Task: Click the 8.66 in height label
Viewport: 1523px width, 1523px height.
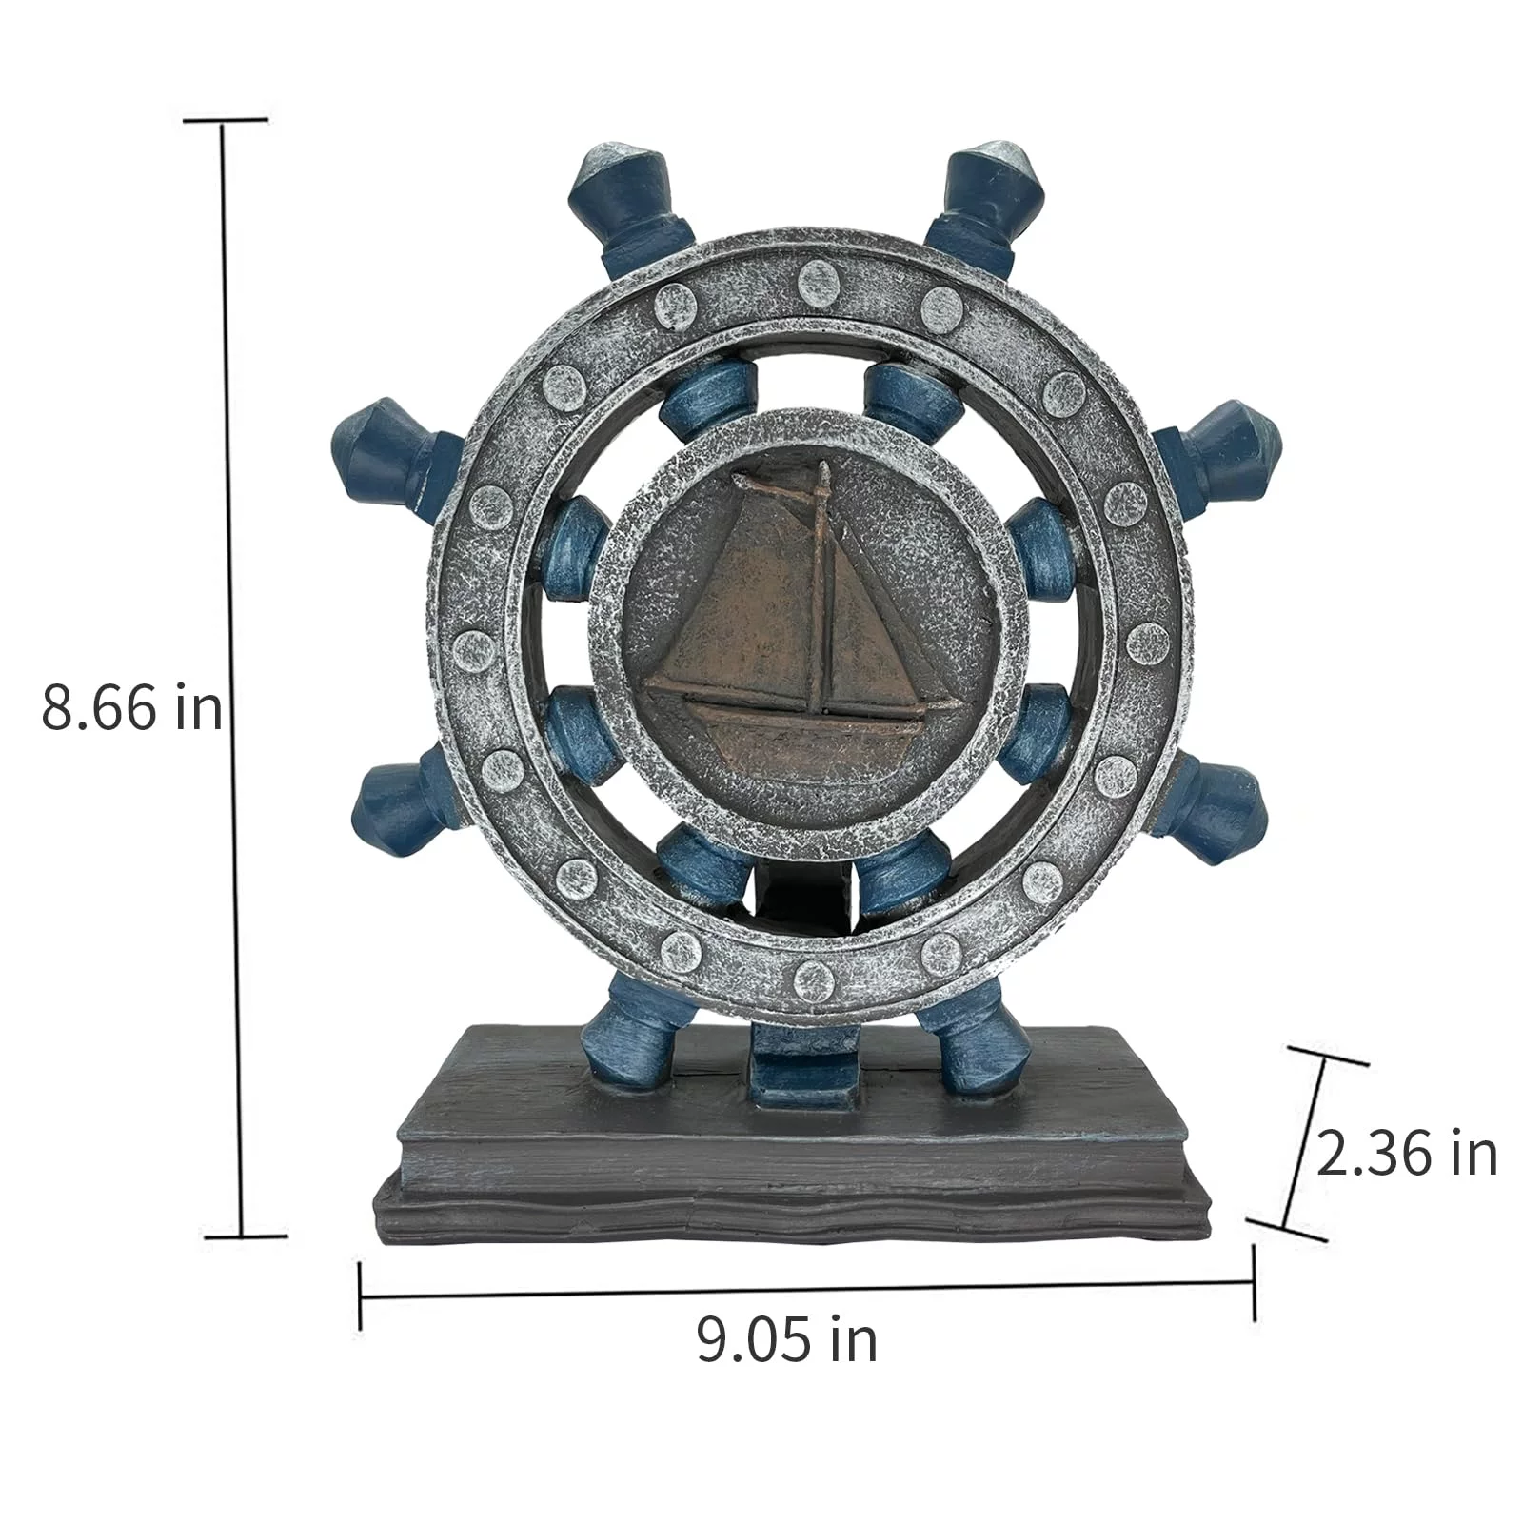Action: click(x=131, y=708)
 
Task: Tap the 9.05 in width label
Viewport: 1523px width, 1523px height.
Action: click(x=786, y=1339)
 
